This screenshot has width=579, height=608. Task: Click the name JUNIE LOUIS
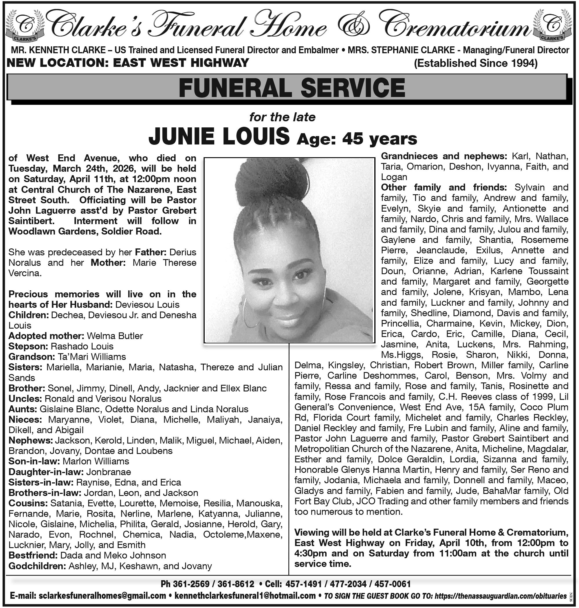click(219, 136)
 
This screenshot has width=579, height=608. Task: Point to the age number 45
click(354, 139)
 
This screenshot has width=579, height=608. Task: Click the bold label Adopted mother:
click(46, 336)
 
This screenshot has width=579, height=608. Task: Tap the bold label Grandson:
click(32, 357)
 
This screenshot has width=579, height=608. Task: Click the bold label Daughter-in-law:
click(46, 472)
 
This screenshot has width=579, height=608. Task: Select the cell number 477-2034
click(349, 584)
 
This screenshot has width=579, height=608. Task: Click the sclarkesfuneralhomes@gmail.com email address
click(102, 595)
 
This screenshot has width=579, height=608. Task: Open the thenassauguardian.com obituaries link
click(500, 596)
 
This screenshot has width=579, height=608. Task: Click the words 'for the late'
click(282, 117)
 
